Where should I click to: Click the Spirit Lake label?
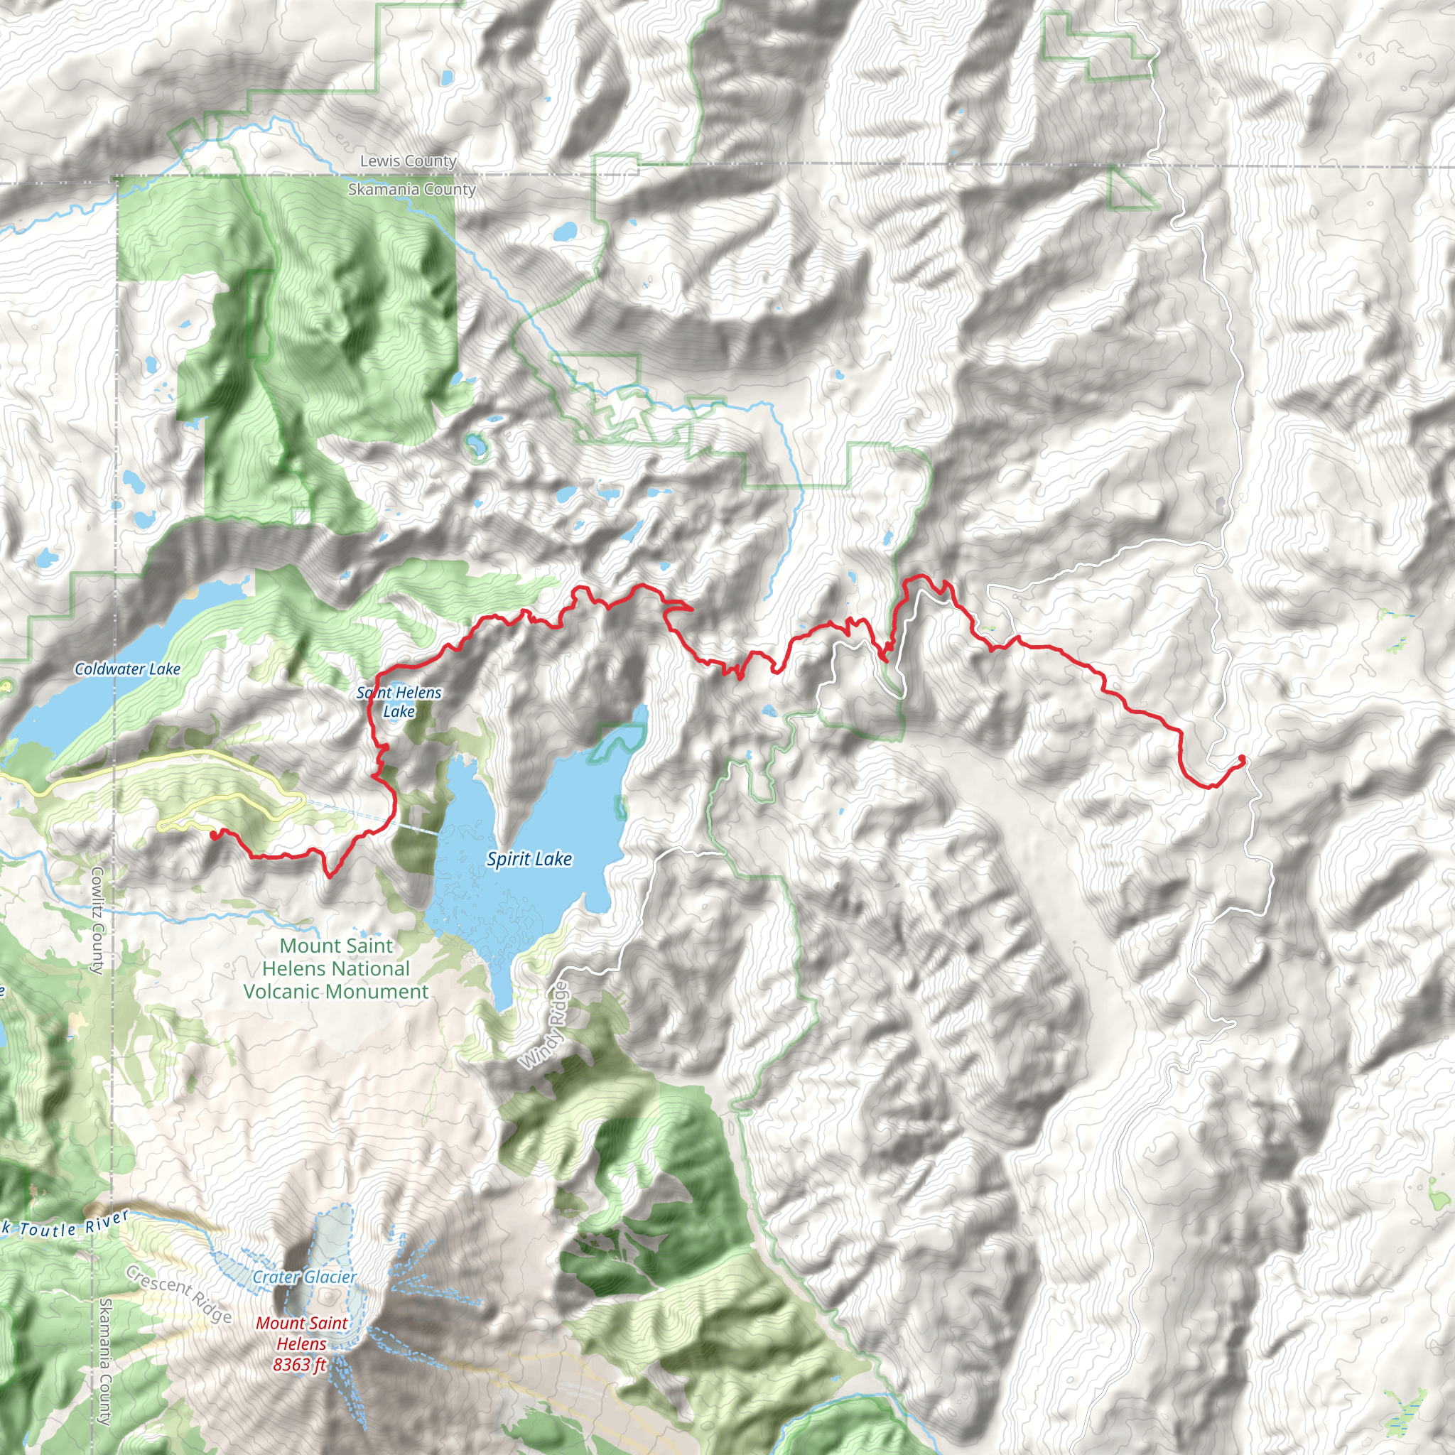529,860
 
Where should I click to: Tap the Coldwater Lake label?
127,669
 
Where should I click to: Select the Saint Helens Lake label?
399,701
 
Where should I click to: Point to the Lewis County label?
409,161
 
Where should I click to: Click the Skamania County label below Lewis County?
411,190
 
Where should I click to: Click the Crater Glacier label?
304,1277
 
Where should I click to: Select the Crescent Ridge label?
178,1294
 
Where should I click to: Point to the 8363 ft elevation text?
299,1364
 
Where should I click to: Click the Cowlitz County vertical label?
98,920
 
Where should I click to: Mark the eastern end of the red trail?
1241,758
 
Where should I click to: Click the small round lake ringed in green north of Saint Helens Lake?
476,446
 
